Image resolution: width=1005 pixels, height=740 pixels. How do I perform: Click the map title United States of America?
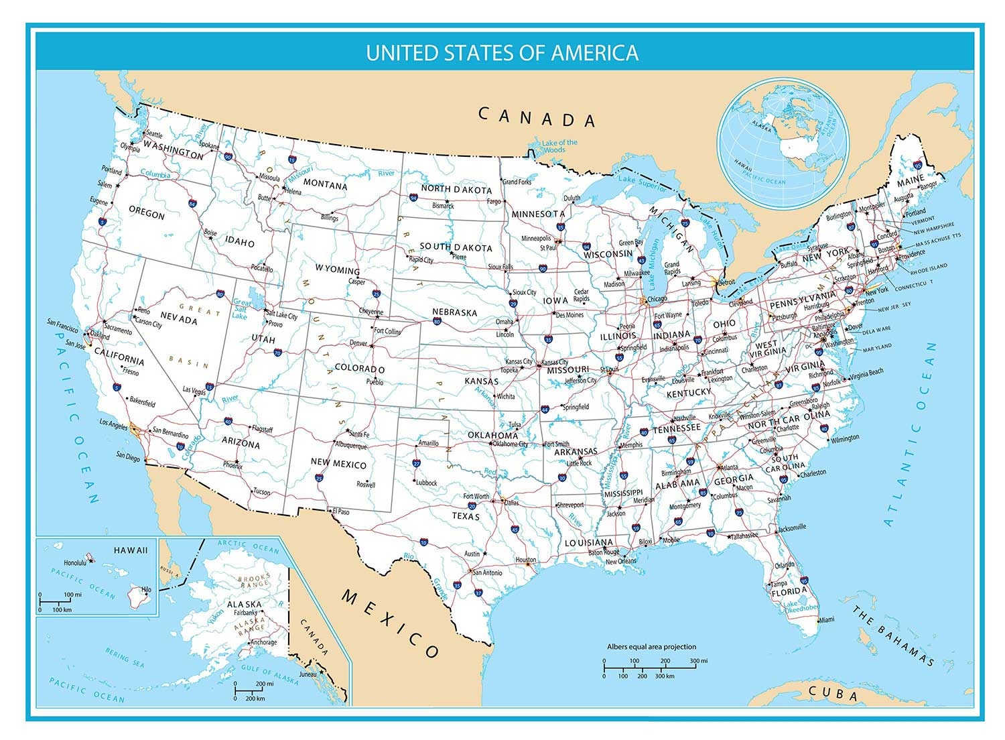(502, 53)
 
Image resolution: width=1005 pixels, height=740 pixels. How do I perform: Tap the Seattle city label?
(154, 135)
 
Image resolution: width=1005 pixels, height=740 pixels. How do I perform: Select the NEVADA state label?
(179, 320)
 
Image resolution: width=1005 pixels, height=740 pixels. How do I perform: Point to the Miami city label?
(826, 619)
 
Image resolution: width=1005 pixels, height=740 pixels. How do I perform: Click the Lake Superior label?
(643, 183)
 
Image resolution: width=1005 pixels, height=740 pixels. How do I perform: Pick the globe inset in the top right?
(783, 144)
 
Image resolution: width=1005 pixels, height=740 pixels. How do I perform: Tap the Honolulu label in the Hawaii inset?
(74, 562)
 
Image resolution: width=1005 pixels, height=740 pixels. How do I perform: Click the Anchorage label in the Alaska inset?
(263, 642)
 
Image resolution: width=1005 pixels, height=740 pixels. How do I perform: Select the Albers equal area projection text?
(651, 647)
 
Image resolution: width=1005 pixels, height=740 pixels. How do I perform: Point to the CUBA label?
(833, 693)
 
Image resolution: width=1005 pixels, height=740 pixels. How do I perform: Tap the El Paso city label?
(340, 511)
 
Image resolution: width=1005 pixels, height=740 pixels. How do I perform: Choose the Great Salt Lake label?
(241, 308)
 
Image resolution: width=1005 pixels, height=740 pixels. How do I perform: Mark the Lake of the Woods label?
(559, 145)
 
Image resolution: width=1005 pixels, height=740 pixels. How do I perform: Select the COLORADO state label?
(359, 369)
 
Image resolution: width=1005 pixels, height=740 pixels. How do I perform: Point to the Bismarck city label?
(443, 206)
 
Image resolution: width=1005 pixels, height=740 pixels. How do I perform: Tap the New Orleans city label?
(620, 561)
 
